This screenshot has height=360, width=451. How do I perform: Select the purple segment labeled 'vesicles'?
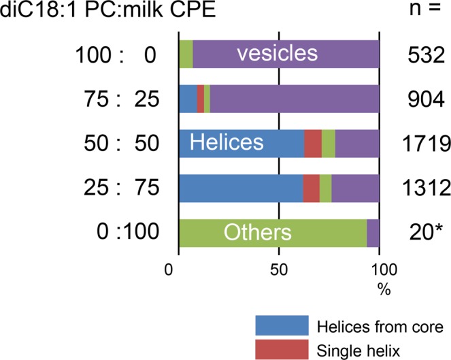(286, 53)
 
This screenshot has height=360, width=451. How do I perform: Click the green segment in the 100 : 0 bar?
(185, 53)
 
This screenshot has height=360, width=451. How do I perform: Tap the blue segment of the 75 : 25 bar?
(187, 99)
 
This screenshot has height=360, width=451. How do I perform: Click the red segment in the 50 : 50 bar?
(312, 143)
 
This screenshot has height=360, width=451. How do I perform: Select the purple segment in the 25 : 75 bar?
(355, 189)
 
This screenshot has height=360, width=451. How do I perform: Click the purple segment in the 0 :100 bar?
(373, 233)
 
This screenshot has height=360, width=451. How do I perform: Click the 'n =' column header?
(421, 11)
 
